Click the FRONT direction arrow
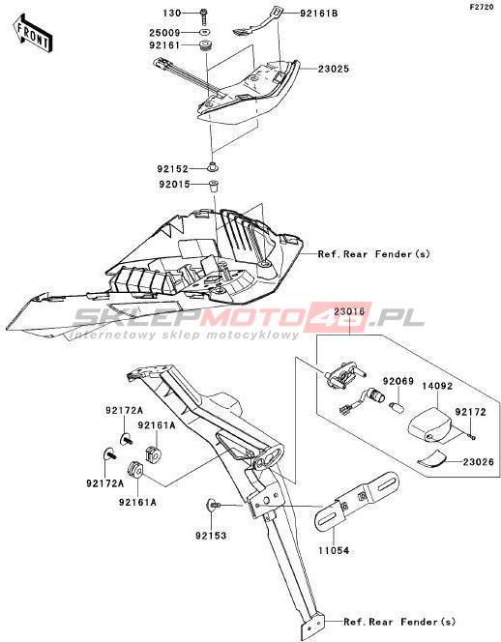[32, 34]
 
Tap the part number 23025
[334, 69]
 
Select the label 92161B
[319, 14]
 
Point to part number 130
[171, 14]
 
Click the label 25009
[164, 32]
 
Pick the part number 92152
[172, 168]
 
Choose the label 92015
[175, 185]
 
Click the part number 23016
[349, 311]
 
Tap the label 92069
[398, 381]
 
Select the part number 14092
[437, 386]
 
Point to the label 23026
[479, 462]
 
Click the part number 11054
[334, 551]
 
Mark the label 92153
[211, 535]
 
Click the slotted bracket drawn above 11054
[356, 500]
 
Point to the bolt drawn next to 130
[204, 15]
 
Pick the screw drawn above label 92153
[213, 506]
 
